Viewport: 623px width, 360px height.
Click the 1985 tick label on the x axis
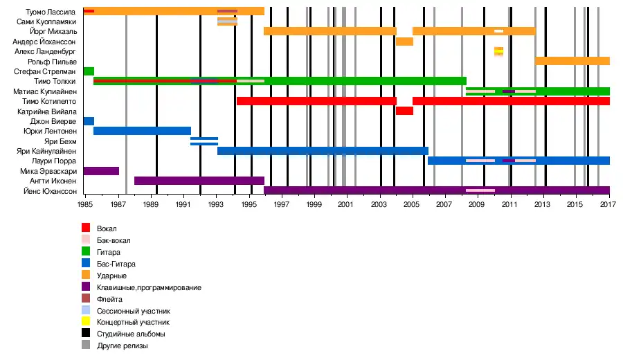pos(85,206)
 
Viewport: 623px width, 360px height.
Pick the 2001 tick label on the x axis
pos(346,206)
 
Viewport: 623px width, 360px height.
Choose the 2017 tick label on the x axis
pos(608,206)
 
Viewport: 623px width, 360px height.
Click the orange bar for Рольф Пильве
pos(572,61)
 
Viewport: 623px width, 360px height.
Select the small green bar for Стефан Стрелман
pos(89,71)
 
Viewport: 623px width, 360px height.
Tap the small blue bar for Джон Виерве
pos(89,121)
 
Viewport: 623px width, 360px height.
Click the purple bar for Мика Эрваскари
pos(101,170)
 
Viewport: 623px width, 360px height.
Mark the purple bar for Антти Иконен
pos(199,181)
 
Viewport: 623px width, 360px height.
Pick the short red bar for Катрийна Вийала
pos(404,111)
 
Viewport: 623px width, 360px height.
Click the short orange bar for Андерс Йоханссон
pos(404,42)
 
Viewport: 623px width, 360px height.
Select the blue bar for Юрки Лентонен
pos(142,131)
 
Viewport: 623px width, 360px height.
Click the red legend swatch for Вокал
pos(86,228)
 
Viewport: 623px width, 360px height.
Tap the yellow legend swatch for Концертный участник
pos(86,322)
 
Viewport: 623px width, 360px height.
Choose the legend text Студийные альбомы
pos(132,334)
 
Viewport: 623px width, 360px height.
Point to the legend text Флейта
pos(110,298)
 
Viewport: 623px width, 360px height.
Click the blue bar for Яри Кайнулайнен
pos(323,151)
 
